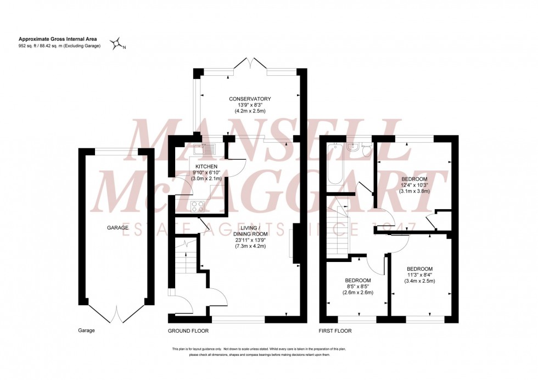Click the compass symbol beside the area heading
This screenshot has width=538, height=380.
point(116,44)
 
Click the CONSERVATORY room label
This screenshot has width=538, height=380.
point(250,99)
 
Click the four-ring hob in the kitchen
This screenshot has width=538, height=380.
point(197,206)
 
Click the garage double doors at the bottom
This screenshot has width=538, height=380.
point(116,314)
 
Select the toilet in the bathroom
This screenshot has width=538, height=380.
point(367,150)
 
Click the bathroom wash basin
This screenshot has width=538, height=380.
point(354,147)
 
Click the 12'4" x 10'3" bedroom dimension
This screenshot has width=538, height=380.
point(416,185)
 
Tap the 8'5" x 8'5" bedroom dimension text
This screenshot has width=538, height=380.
point(358,286)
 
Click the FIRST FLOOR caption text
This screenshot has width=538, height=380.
point(335,331)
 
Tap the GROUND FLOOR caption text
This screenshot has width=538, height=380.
point(188,331)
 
